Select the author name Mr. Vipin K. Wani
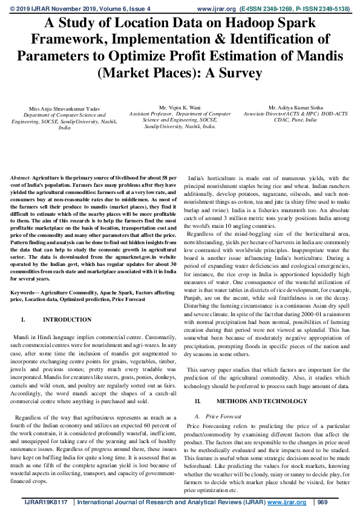point(180,107)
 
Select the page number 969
point(322,502)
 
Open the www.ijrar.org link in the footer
point(286,502)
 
